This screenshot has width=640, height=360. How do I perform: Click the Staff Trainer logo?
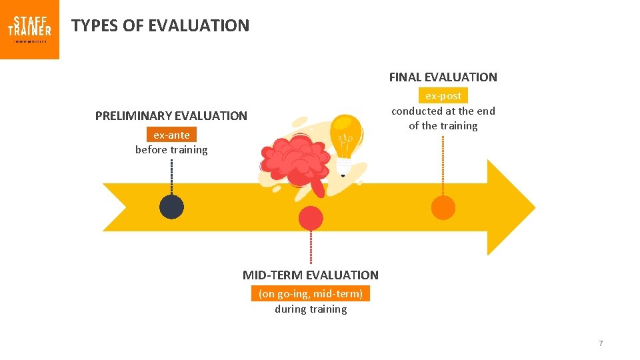click(x=29, y=29)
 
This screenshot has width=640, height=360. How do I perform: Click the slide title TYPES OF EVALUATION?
click(x=160, y=26)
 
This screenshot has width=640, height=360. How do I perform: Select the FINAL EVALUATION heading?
click(x=443, y=77)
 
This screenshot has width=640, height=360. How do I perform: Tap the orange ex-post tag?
click(x=443, y=96)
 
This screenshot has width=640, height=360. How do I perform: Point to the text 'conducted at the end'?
click(x=443, y=111)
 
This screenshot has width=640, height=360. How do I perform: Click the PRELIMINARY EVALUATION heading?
click(x=171, y=116)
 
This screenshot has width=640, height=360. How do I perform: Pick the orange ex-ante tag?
click(x=171, y=135)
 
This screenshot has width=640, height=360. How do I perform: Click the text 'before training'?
click(x=171, y=150)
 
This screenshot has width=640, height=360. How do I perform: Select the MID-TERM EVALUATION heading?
click(x=310, y=275)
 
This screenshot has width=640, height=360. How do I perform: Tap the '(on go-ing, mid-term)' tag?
click(x=310, y=294)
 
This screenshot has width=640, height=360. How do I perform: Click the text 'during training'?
click(x=311, y=309)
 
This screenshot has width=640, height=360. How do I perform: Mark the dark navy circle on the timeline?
click(x=171, y=207)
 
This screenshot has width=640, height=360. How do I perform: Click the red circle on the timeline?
click(x=311, y=218)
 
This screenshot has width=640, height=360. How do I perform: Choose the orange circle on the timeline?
click(x=443, y=207)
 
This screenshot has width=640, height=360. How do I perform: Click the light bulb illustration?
click(x=346, y=141)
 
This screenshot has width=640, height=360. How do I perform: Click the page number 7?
click(x=601, y=343)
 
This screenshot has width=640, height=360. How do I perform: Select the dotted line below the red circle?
click(x=311, y=247)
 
